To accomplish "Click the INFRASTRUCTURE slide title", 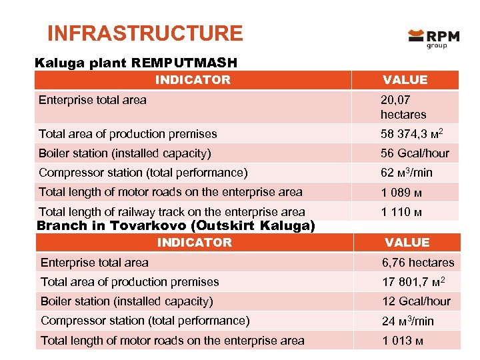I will coord(145,33).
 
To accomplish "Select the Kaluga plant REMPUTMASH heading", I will coord(136,63).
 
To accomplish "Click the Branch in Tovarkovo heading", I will coord(176,225).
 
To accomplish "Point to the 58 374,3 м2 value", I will coord(411,134).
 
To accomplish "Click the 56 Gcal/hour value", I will coord(415,153).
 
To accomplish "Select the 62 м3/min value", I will coord(406,173).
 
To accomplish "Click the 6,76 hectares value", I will coord(417,263).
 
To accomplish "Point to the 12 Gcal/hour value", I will coord(416,301).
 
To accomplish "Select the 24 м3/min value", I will coord(407,321).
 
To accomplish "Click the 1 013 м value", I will coord(401,341).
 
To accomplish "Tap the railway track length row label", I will coord(171,212).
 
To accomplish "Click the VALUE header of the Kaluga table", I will coord(405,80).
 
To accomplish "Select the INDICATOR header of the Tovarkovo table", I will coord(194,243).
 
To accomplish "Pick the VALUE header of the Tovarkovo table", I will coord(407,243).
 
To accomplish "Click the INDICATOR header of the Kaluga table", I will coord(193,80).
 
